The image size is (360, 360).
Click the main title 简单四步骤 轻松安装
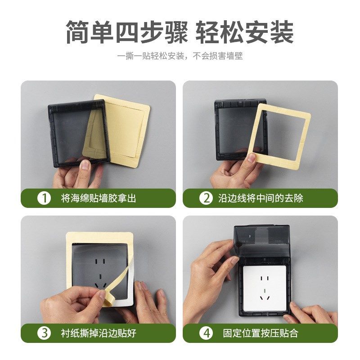pyautogui.click(x=180, y=32)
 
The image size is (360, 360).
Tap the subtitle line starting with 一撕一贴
pyautogui.click(x=180, y=57)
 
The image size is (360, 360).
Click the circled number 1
pyautogui.click(x=44, y=198)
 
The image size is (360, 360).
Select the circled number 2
pyautogui.click(x=206, y=198)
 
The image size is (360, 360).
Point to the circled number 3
pyautogui.click(x=44, y=333)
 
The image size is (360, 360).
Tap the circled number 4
pyautogui.click(x=206, y=333)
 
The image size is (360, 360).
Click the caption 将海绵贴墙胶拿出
pyautogui.click(x=99, y=198)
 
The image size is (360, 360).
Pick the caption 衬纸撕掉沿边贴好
pyautogui.click(x=99, y=333)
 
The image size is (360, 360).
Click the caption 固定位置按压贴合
pyautogui.click(x=261, y=333)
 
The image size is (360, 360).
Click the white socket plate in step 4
pyautogui.click(x=261, y=288)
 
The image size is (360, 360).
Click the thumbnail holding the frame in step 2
pyautogui.click(x=252, y=158)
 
